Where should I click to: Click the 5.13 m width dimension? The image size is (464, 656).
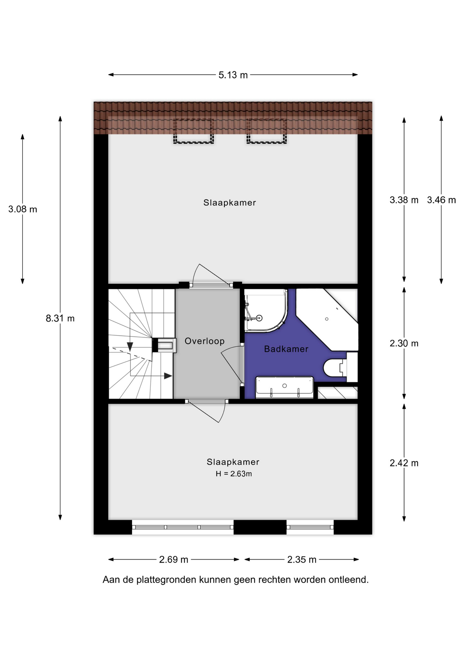point(233,75)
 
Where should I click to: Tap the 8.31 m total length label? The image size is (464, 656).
point(60,318)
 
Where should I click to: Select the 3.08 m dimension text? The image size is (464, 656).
point(23,209)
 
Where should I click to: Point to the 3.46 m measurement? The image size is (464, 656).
point(441,200)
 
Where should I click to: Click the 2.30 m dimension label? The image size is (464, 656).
point(404,343)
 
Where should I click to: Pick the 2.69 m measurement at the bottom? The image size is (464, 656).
point(174,560)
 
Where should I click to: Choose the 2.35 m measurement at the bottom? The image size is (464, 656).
point(302,560)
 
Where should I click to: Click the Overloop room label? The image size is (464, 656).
point(205,341)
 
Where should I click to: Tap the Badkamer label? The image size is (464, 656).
point(286,349)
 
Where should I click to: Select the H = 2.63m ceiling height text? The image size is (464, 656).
point(234,474)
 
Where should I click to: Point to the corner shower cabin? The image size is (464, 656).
point(266,311)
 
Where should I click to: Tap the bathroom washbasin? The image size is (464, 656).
point(284,387)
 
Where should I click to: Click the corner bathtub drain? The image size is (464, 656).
point(327,319)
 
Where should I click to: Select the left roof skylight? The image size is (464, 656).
point(193,131)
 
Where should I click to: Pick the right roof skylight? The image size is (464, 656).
point(267,131)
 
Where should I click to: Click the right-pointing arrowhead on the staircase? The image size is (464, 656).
point(168,376)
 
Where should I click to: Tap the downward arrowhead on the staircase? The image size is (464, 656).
point(130,347)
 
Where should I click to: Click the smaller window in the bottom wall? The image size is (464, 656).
point(310,527)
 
